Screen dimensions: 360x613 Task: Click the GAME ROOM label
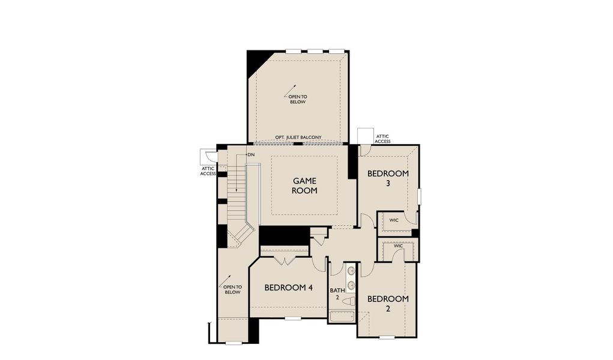tap(304, 185)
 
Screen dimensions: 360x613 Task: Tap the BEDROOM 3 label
tap(388, 178)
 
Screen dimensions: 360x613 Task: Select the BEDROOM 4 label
tap(289, 287)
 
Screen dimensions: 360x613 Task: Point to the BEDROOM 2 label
tap(388, 304)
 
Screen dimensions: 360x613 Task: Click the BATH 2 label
tap(337, 294)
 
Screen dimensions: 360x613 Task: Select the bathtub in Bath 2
tap(342, 316)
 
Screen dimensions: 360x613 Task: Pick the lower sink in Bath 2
tap(350, 286)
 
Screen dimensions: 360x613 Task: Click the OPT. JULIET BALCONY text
tap(298, 137)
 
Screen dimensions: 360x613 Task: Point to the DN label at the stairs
tap(250, 155)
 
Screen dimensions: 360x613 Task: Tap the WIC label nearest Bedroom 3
tap(394, 220)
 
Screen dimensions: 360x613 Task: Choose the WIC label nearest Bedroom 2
tap(398, 246)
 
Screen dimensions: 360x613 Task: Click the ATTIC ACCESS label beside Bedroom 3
tap(382, 139)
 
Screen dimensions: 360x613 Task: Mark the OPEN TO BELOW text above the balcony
tap(297, 99)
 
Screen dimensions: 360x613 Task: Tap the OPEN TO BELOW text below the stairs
tap(232, 289)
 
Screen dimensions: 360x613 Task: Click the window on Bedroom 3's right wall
tap(420, 196)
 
